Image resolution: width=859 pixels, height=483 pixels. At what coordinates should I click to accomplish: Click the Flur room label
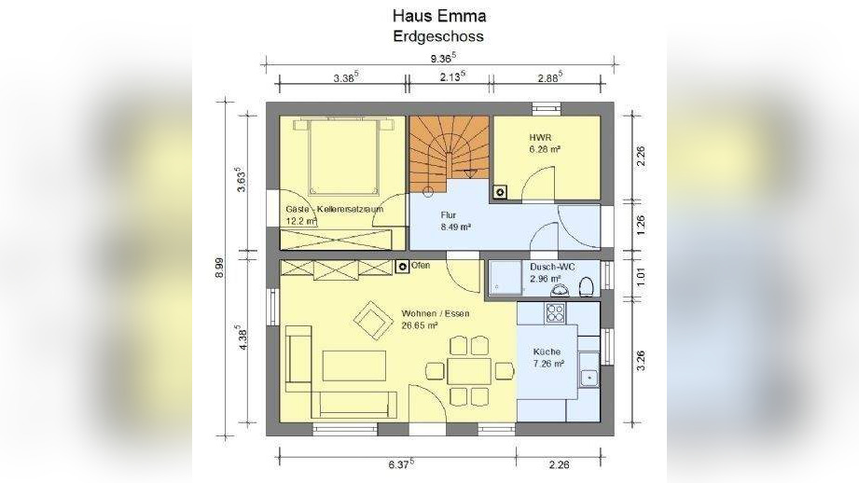point(449,214)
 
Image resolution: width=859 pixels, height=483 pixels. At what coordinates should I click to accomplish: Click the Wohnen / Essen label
point(435,314)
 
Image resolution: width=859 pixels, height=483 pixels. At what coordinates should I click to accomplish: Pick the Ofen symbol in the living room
point(401,267)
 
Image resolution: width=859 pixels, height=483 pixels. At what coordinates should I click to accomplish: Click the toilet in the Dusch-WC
point(587,285)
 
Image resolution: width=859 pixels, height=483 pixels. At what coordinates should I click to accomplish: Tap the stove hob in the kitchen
point(557,312)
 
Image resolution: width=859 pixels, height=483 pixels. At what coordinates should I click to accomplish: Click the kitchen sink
point(589,377)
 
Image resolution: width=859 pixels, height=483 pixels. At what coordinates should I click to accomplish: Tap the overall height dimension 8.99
point(222,267)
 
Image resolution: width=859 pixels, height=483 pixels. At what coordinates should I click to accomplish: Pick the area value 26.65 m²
point(421,326)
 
